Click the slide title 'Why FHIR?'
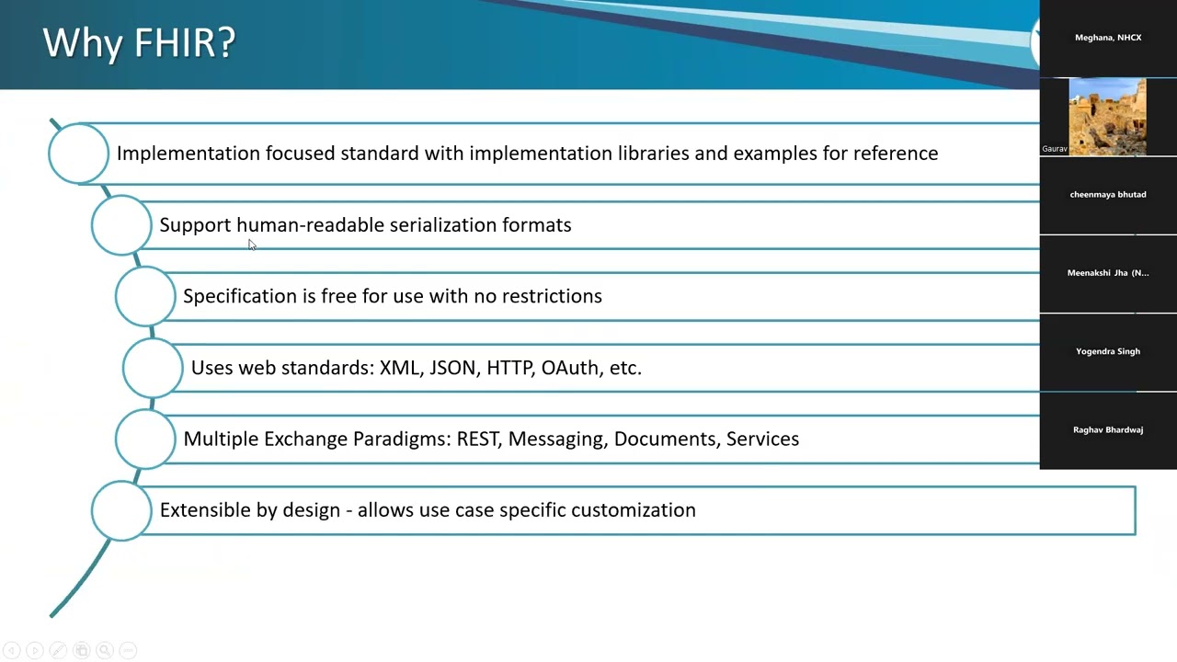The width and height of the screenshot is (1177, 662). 139,43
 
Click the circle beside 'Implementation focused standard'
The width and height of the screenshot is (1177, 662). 78,154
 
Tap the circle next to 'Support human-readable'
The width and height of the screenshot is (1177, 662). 121,225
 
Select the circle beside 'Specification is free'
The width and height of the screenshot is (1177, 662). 145,296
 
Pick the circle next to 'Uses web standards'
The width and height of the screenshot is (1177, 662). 153,368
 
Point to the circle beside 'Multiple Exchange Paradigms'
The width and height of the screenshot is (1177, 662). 145,439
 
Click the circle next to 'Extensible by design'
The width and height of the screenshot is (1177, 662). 121,510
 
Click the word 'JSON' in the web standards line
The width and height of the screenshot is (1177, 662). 452,368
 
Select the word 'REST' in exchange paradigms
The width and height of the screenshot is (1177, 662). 478,439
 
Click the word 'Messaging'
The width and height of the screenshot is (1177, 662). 556,439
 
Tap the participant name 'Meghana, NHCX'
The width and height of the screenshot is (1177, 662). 1108,38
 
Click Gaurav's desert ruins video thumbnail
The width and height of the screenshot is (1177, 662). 1107,117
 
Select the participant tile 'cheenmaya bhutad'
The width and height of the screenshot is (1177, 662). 1108,195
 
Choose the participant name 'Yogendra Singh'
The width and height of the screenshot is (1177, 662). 1108,351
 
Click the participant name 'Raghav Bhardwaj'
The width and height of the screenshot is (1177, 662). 1108,430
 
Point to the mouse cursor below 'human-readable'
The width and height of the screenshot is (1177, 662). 252,245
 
